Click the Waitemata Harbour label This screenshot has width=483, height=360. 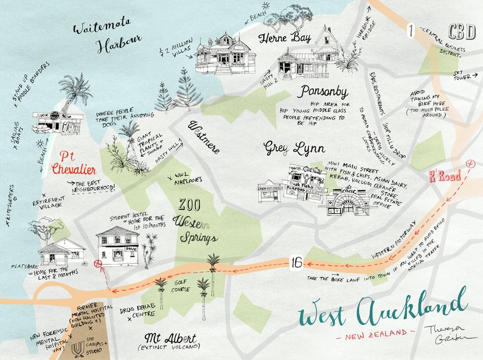coord(106,35)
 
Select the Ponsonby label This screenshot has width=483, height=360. coord(323,92)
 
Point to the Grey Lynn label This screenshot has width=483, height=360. coord(294,148)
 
